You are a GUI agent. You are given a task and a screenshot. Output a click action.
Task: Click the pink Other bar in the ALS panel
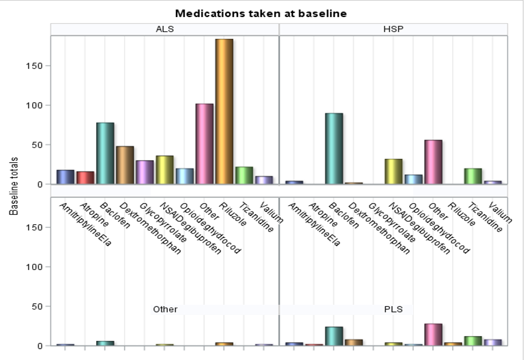pyautogui.click(x=205, y=144)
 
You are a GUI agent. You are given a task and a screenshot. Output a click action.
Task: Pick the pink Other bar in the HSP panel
pyautogui.click(x=434, y=162)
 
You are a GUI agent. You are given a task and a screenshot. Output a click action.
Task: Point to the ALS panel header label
pyautogui.click(x=164, y=29)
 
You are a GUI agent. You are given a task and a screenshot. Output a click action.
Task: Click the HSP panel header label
pyautogui.click(x=393, y=29)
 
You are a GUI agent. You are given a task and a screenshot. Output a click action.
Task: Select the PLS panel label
pyautogui.click(x=393, y=309)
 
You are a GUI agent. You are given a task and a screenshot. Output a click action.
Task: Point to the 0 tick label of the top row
pyautogui.click(x=40, y=184)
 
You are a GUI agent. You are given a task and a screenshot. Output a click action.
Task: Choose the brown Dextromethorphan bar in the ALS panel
pyautogui.click(x=125, y=165)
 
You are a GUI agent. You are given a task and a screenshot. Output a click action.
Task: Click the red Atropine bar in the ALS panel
pyautogui.click(x=85, y=177)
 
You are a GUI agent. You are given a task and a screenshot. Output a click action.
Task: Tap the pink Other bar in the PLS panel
pyautogui.click(x=434, y=335)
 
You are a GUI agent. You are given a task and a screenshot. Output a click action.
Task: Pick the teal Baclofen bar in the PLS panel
pyautogui.click(x=334, y=336)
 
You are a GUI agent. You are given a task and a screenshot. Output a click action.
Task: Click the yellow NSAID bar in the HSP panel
pyautogui.click(x=394, y=171)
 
